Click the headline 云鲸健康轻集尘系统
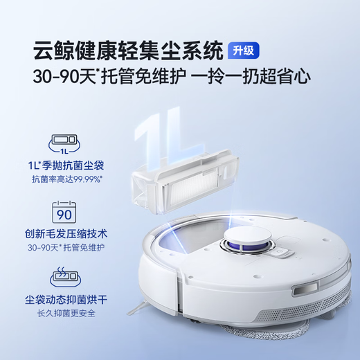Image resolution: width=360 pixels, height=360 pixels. [128, 50]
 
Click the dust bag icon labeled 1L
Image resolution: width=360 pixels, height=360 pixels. [64, 145]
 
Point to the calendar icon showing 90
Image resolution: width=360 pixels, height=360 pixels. [64, 210]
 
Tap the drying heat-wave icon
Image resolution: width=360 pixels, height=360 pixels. [64, 278]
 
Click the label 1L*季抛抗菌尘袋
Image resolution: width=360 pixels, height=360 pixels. [64, 165]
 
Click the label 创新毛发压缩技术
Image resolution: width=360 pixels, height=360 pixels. [64, 232]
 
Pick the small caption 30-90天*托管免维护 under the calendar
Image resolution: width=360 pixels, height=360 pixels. [64, 246]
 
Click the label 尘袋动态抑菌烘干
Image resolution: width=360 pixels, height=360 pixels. [64, 298]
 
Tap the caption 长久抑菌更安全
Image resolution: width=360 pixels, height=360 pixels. [64, 313]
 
